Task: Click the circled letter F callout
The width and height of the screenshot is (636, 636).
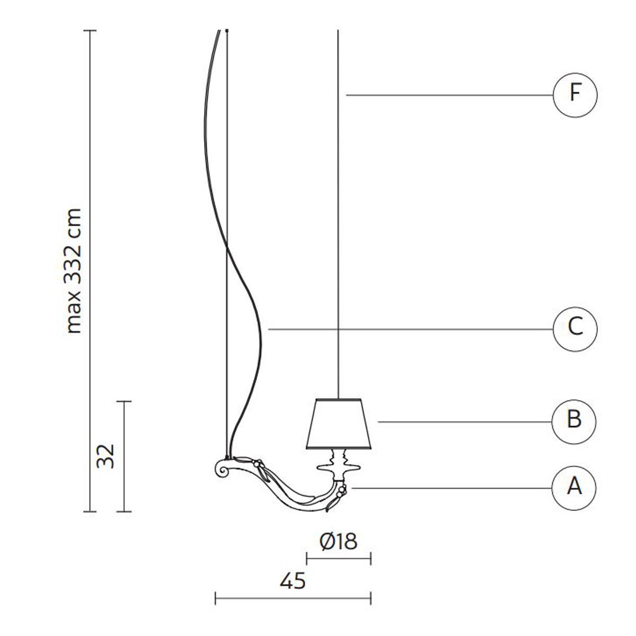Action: point(575,95)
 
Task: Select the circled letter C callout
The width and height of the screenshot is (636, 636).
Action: point(575,329)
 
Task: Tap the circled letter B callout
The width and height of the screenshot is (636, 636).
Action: point(573,422)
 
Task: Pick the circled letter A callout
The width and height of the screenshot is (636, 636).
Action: point(573,488)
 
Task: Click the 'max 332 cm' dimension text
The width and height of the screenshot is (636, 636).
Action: point(73,271)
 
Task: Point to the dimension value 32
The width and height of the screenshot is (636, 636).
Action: point(105,456)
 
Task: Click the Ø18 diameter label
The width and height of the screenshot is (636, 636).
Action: point(338,542)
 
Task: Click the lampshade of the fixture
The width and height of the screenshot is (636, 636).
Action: point(339,424)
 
